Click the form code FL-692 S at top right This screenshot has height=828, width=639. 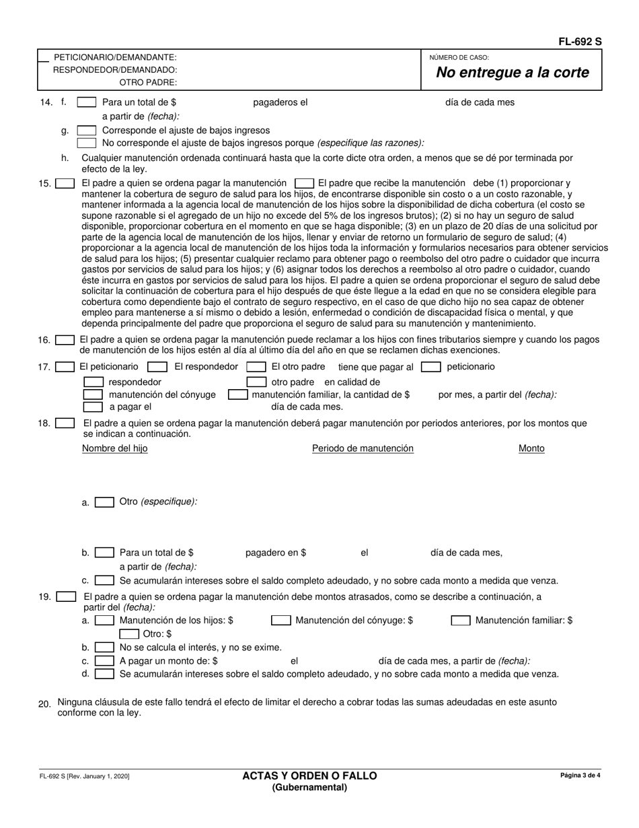pos(580,42)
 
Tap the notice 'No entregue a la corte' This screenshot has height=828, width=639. pos(513,73)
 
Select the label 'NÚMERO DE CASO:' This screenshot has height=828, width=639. pos(459,58)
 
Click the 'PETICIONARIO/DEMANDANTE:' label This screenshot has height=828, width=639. pos(115,57)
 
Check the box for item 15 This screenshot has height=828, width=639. pos(65,183)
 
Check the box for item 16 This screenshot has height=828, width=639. pos(65,340)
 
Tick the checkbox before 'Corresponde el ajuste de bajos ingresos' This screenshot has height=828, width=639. pos(87,130)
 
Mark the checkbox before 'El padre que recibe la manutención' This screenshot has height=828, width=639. pos(305,183)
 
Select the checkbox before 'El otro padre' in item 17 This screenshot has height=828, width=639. pos(256,367)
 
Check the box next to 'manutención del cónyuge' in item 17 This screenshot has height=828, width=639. pos(93,394)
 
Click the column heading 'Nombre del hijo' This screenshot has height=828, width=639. pos(115,448)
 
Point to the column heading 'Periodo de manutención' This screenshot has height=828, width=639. pos(363,448)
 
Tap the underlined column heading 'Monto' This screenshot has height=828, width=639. pos(531,448)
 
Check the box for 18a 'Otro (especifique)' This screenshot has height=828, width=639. pos(104,502)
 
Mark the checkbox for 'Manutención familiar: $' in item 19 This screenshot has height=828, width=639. pos(461,621)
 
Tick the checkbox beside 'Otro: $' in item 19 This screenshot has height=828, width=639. pos(129,634)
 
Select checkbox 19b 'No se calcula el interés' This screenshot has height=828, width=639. pos(104,648)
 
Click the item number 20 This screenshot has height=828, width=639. pos(44,704)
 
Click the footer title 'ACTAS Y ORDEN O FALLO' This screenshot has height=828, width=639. pos(309,775)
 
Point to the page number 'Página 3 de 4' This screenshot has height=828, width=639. pos(580,775)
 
